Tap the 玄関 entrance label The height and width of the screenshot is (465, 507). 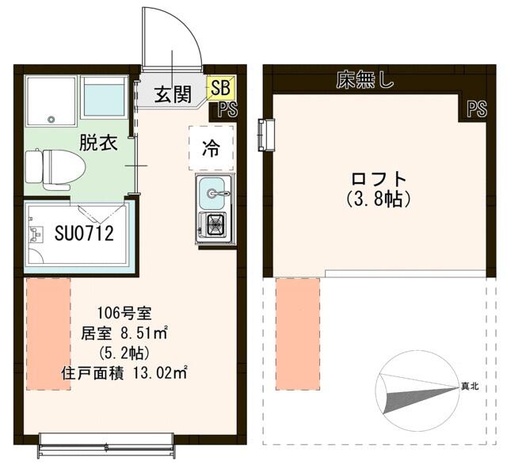[x=173, y=94]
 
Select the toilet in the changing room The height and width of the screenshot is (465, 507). [x=55, y=170]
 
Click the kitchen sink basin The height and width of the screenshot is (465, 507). [x=212, y=193]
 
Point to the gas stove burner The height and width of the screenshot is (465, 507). [x=214, y=223]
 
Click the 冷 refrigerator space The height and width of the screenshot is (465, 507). [x=212, y=148]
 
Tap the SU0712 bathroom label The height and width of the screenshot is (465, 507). [x=84, y=233]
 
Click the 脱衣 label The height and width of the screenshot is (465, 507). [x=98, y=143]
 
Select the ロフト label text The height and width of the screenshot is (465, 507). [x=379, y=179]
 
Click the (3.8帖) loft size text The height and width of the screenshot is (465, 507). [x=379, y=199]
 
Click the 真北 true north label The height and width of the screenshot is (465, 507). [x=470, y=386]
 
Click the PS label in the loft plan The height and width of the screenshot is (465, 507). [x=477, y=109]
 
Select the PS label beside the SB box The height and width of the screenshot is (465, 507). [x=228, y=109]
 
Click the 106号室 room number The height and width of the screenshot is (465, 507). [x=124, y=313]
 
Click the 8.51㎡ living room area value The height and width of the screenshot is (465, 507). [x=144, y=333]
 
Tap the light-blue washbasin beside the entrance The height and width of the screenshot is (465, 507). [x=104, y=97]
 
